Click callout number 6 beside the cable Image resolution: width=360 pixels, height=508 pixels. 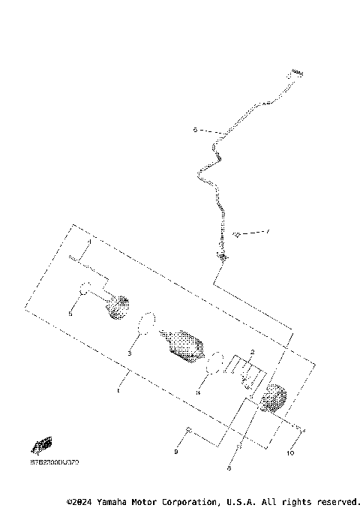pos(195,130)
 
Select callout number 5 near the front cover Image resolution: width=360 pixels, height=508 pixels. pos(70,314)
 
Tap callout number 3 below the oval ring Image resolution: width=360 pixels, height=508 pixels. pos(129,352)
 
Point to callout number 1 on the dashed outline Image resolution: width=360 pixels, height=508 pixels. pos(118,390)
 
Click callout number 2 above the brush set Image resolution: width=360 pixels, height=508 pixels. pos(253,351)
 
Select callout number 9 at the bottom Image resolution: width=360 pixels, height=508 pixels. pos(176,452)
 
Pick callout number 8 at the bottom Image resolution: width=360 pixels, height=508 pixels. pos(229,467)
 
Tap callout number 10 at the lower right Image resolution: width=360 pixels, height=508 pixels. pos(289,453)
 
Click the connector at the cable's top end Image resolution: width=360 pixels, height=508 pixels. pos(295,73)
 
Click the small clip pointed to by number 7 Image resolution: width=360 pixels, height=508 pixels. pos(236,235)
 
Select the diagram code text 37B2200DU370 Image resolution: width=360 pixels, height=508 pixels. pos(48,464)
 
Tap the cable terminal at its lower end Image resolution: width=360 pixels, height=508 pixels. pos(222,257)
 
